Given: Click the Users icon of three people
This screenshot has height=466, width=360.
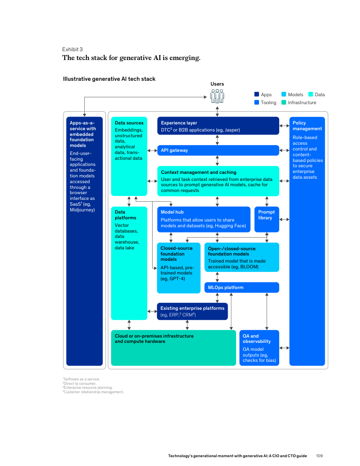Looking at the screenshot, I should point(217,96).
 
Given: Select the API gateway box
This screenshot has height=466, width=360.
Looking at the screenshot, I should point(218,150).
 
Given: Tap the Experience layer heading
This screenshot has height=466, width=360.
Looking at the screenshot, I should point(179,123).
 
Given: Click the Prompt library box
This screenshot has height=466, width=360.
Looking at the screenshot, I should point(266,219).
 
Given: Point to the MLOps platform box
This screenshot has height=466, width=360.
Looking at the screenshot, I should point(241,288).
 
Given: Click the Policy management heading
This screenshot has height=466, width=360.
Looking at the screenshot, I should point(307,126).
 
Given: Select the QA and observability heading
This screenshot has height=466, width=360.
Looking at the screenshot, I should point(256,339).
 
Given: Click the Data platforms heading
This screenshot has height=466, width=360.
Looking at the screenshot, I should point(125,215).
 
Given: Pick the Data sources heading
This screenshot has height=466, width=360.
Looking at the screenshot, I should point(129,123).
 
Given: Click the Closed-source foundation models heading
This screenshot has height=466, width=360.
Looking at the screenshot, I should point(176,254).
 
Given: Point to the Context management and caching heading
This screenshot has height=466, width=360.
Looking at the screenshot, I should point(199,173).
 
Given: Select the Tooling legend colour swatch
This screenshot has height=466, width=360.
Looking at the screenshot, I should point(256,102).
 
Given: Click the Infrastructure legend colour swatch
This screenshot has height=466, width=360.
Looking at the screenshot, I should point(284,102).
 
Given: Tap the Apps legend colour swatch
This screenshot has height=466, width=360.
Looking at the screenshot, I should point(256,94).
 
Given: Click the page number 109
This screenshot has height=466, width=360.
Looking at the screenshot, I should point(320,455).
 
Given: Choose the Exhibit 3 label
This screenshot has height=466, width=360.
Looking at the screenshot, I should point(72,49).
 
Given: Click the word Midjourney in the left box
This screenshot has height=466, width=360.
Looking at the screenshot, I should point(82,210).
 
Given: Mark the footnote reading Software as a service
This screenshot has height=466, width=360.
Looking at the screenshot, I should point(82,379).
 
